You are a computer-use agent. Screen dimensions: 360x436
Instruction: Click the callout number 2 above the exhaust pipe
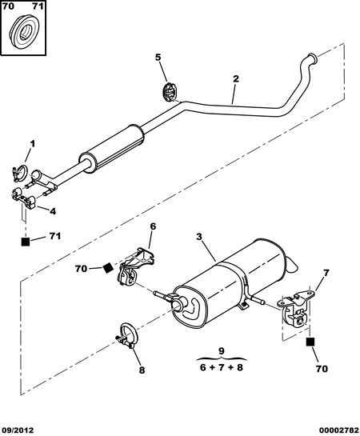(x=235, y=78)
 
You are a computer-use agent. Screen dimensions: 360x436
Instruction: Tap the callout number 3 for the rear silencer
(x=198, y=237)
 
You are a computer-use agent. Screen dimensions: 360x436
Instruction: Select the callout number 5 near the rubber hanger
(x=158, y=58)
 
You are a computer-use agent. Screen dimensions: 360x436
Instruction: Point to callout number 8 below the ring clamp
(x=142, y=370)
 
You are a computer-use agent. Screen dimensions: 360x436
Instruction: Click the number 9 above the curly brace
(x=222, y=350)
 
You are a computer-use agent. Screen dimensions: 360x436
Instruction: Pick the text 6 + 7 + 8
(x=222, y=367)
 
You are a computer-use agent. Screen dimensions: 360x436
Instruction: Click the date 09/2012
(x=18, y=430)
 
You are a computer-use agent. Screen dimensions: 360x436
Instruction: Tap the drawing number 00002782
(x=342, y=430)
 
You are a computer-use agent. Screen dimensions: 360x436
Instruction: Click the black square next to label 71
(x=26, y=242)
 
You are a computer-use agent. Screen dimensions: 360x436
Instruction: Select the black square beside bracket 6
(x=107, y=268)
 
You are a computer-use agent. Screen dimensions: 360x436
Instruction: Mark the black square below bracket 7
(x=310, y=342)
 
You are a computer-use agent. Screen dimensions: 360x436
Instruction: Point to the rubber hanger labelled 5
(x=170, y=91)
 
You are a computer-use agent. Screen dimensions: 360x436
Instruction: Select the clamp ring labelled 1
(x=20, y=174)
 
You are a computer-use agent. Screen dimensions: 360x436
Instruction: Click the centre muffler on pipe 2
(x=112, y=149)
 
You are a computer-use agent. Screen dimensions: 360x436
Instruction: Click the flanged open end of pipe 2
(x=313, y=58)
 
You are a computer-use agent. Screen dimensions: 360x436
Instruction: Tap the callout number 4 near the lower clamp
(x=53, y=211)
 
